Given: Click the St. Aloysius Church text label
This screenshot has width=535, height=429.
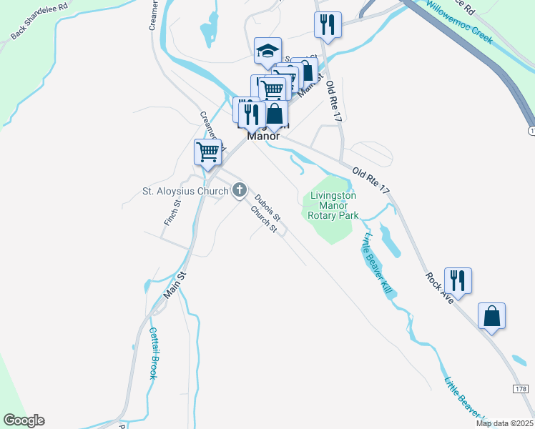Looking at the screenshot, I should click(x=185, y=191).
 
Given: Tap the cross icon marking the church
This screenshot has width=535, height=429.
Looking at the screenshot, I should click(x=240, y=191).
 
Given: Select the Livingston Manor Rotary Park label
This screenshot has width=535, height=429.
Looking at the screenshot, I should click(x=333, y=205).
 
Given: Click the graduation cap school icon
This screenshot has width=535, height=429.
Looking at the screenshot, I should click(x=268, y=51).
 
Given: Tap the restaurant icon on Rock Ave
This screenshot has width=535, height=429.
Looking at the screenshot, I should click(x=458, y=280).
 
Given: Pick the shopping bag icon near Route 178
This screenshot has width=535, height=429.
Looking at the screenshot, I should click(x=492, y=316).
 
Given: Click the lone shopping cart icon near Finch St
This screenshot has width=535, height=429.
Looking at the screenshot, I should click(x=207, y=152).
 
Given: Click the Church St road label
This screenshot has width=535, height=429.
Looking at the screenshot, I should click(x=263, y=219).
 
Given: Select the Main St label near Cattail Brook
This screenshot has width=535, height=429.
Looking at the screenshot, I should click(x=175, y=285).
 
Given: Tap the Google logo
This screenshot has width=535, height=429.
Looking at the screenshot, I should click(x=24, y=420).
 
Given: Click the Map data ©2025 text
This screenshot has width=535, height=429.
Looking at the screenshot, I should click(x=504, y=423).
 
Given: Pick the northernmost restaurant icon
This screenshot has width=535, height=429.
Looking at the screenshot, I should click(x=328, y=24).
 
